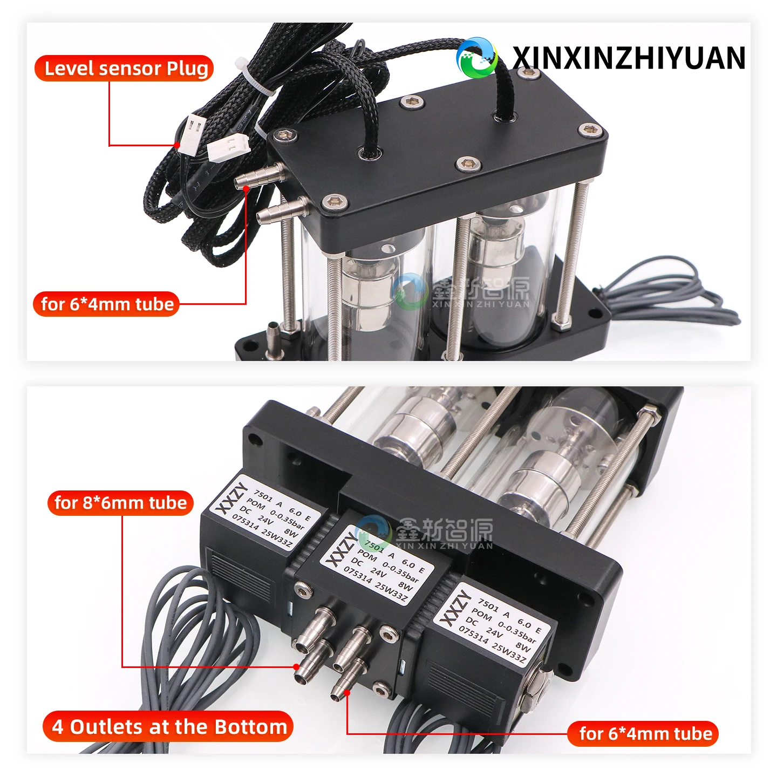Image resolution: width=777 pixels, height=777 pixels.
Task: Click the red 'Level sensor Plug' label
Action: point(124,68)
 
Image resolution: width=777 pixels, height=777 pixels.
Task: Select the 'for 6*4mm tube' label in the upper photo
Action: point(106,304)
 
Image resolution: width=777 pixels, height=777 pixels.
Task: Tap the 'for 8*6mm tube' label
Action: point(120,503)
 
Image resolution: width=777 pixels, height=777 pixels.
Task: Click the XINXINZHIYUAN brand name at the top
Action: point(628,58)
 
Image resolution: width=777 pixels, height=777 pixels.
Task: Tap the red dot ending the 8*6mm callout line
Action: point(297,666)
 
